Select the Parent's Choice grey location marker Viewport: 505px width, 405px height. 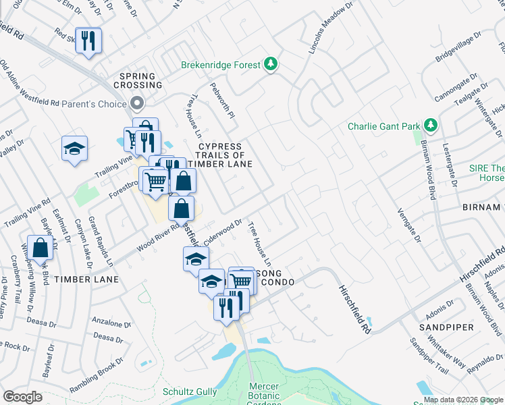tap(137, 104)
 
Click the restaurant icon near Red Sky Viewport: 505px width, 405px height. tap(88, 41)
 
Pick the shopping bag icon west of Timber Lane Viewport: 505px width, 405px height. tap(41, 248)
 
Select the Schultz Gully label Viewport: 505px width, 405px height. tap(190, 391)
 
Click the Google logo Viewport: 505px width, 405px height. tap(23, 397)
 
